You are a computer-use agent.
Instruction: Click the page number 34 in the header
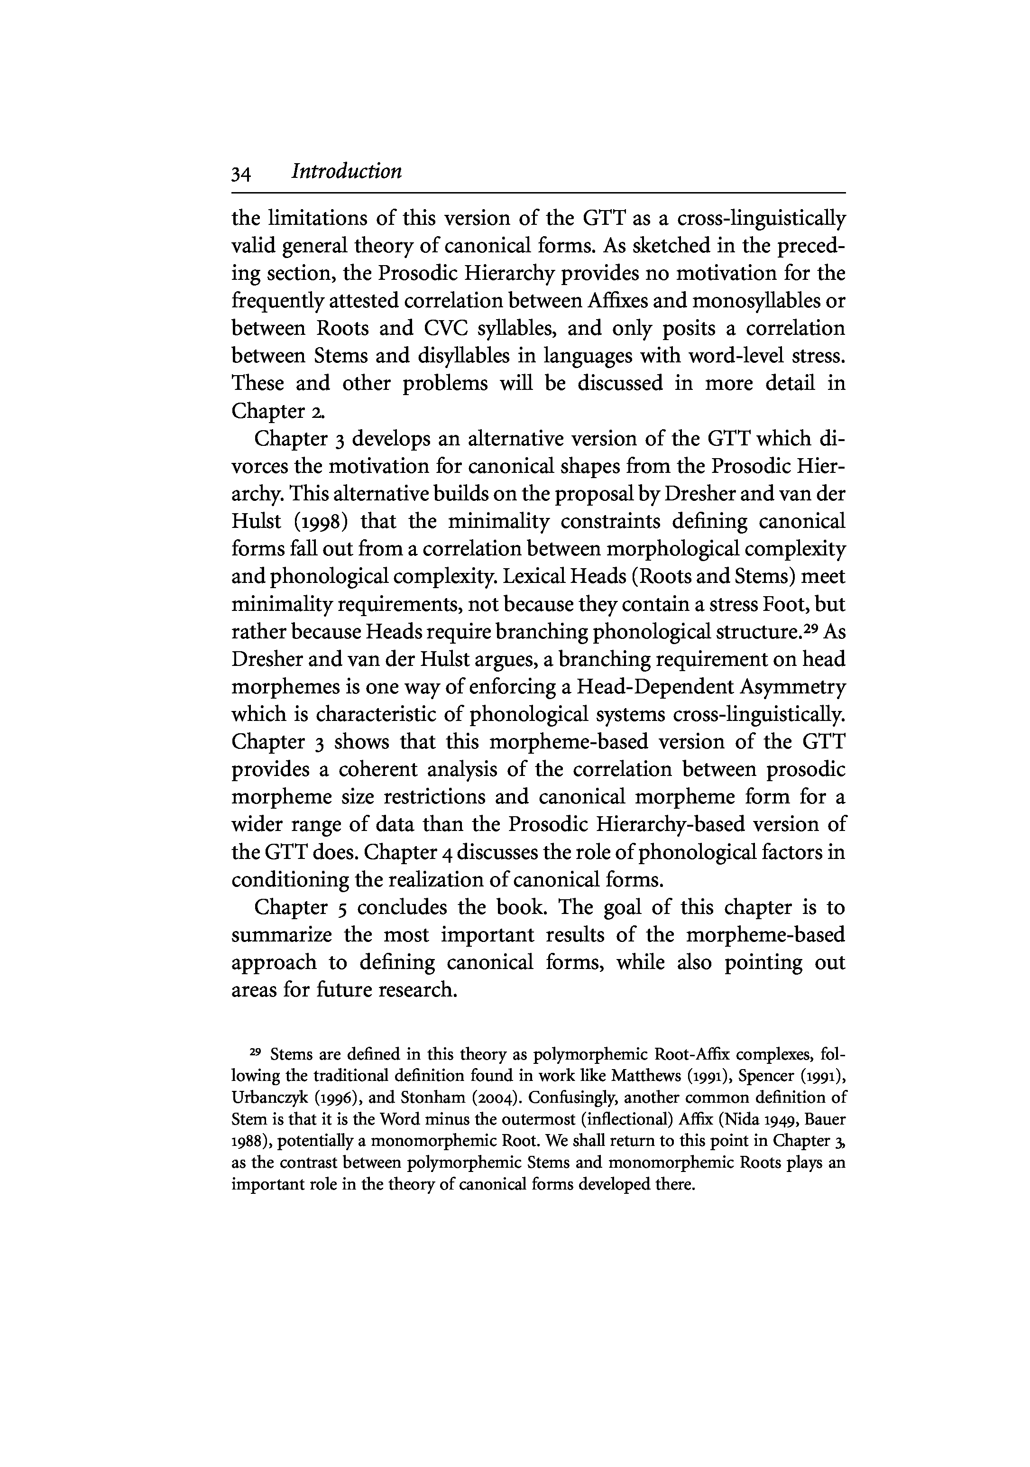pos(240,173)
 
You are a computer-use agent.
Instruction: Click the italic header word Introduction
pos(346,172)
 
